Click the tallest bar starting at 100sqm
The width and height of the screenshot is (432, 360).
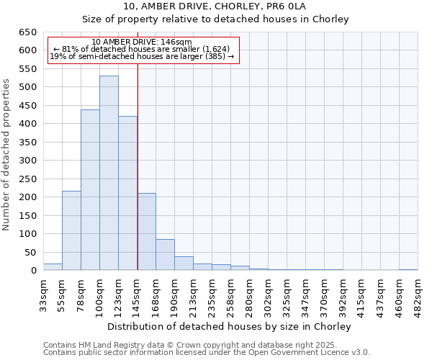[x=109, y=173]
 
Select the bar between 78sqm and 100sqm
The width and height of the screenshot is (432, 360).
[x=90, y=190]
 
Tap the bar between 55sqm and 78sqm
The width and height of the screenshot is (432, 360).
[x=71, y=230]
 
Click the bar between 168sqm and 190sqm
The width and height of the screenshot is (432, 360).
[x=165, y=255]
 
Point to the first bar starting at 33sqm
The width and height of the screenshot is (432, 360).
[x=53, y=267]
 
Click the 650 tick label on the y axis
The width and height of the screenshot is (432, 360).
[x=27, y=32]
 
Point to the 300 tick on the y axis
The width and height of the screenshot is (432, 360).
[x=27, y=161]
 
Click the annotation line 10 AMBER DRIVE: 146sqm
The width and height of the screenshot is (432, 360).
[x=142, y=42]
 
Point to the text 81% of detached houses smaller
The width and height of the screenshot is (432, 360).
[x=142, y=49]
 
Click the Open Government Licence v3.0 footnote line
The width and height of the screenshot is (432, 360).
[x=207, y=352]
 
